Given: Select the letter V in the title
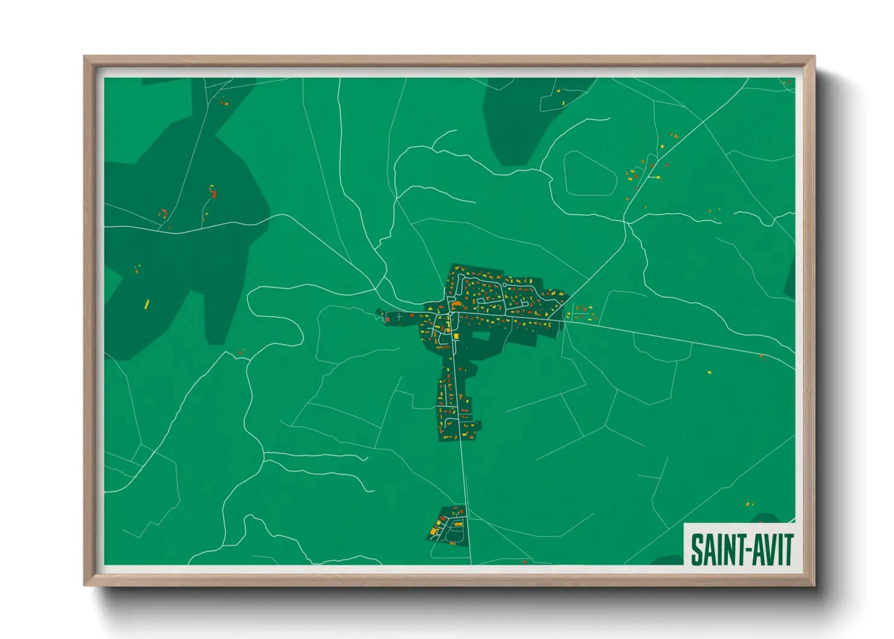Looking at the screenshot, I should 764,550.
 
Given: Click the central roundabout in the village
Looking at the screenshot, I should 451,313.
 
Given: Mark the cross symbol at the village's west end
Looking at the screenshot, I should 399,316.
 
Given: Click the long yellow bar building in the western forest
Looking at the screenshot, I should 146,304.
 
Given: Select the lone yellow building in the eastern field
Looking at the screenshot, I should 709,372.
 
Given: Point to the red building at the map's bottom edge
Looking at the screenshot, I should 524,562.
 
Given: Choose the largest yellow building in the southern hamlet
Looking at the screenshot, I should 433,531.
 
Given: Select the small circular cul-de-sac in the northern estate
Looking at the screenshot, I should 504,284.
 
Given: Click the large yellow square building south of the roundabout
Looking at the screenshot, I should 456,336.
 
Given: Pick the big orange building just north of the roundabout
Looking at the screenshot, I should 457,304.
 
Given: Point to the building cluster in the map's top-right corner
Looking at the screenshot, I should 787,83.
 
